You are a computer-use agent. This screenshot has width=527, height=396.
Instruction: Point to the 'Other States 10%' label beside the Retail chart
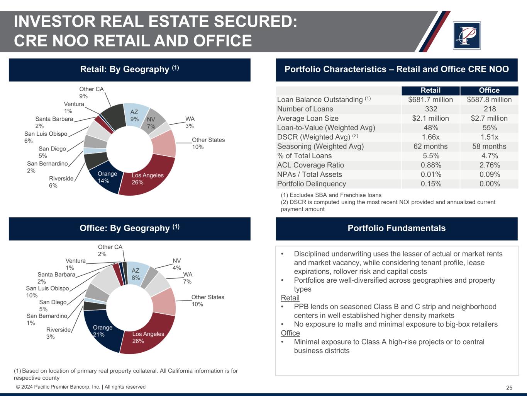click(x=208, y=143)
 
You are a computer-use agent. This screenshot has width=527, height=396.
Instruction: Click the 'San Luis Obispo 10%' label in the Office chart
click(x=47, y=292)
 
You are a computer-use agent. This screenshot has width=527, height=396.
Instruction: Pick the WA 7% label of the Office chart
click(x=188, y=278)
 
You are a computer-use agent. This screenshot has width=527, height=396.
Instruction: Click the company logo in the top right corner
click(x=466, y=36)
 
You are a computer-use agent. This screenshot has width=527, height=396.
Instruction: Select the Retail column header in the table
click(x=430, y=90)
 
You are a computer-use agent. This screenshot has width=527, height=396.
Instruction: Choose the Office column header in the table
click(x=489, y=90)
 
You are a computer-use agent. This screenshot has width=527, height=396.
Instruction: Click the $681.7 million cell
click(x=430, y=100)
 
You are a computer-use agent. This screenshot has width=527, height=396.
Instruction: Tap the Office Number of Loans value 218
click(x=489, y=109)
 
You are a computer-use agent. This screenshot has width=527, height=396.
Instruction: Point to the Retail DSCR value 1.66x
click(x=430, y=137)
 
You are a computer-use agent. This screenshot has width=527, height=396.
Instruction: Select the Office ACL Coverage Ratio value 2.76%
click(x=489, y=165)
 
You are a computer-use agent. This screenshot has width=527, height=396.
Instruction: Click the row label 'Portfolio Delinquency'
click(x=312, y=184)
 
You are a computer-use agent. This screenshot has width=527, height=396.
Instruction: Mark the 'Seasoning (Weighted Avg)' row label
click(x=320, y=147)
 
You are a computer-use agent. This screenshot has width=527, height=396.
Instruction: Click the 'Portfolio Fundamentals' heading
click(x=397, y=228)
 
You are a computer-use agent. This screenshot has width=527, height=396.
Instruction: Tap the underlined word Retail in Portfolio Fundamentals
click(x=290, y=298)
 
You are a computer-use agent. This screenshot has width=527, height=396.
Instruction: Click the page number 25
click(x=509, y=388)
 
